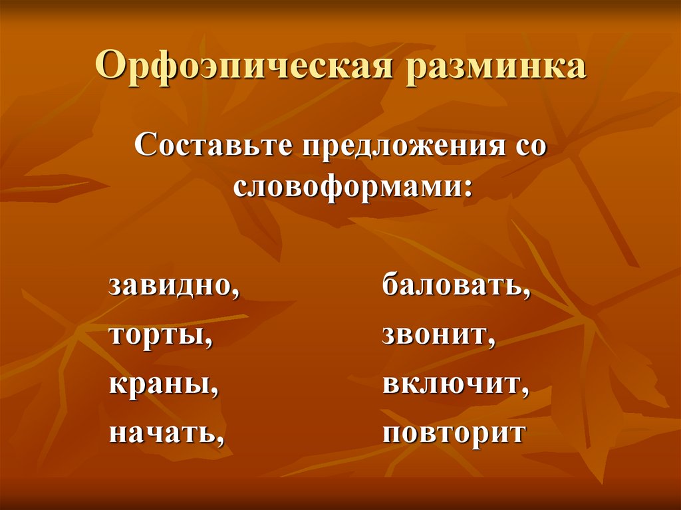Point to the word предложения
coord(403,147)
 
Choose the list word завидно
coord(169,286)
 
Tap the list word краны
coord(159,384)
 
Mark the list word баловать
coord(452,286)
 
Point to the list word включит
coord(451,384)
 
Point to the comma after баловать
coord(527,293)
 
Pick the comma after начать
coord(218,440)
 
